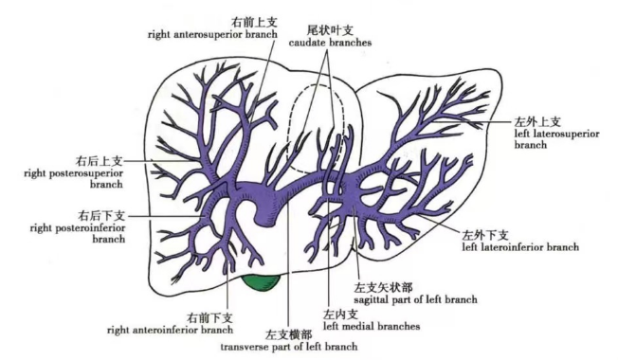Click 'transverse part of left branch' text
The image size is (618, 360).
coord(288,347)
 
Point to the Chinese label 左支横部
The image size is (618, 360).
coord(288,333)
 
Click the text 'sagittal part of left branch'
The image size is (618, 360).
coord(413,299)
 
